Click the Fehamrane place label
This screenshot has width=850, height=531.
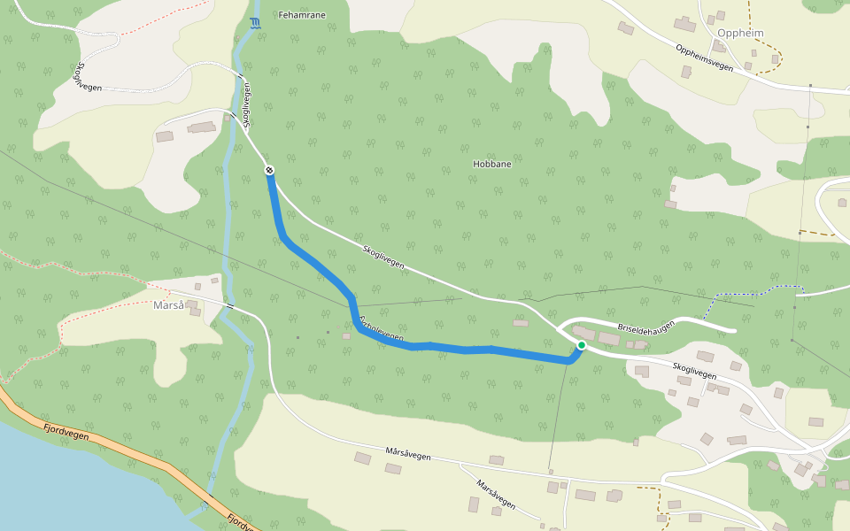point(301,15)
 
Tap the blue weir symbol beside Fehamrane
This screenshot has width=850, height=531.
point(256,23)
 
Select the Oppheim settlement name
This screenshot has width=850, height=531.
point(741,34)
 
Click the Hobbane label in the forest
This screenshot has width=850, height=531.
point(492,165)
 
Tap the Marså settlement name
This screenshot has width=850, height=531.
point(168,305)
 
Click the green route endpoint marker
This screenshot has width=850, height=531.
point(581,344)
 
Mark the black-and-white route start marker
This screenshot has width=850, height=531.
point(269,170)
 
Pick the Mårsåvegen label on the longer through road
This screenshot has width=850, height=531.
point(408,453)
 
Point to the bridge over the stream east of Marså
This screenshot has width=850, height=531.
point(229,306)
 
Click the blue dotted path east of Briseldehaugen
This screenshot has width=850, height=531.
point(753,291)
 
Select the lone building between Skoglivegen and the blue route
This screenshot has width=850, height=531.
point(521,323)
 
